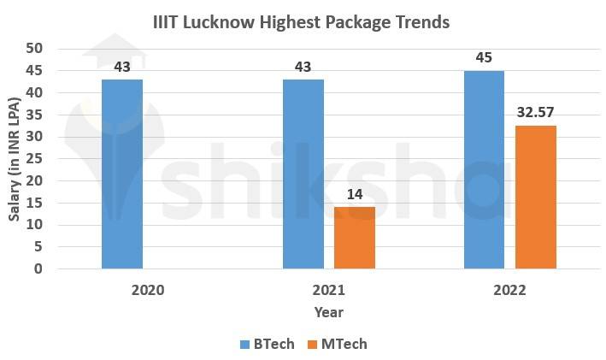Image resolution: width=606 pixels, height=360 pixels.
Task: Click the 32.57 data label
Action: click(x=536, y=113)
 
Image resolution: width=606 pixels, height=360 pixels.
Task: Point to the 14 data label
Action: click(x=354, y=194)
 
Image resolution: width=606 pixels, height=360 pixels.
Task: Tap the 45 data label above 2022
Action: click(x=484, y=58)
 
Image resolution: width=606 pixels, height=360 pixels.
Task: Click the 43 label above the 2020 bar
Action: click(x=122, y=66)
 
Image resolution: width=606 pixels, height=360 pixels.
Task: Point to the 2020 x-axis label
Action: click(x=148, y=290)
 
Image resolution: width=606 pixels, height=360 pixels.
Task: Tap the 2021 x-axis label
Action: click(x=328, y=290)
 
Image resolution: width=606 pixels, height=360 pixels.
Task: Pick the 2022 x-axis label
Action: click(x=509, y=290)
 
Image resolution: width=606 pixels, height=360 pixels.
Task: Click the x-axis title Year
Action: click(x=328, y=312)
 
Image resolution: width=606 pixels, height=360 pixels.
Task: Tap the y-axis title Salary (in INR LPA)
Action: click(x=15, y=159)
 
